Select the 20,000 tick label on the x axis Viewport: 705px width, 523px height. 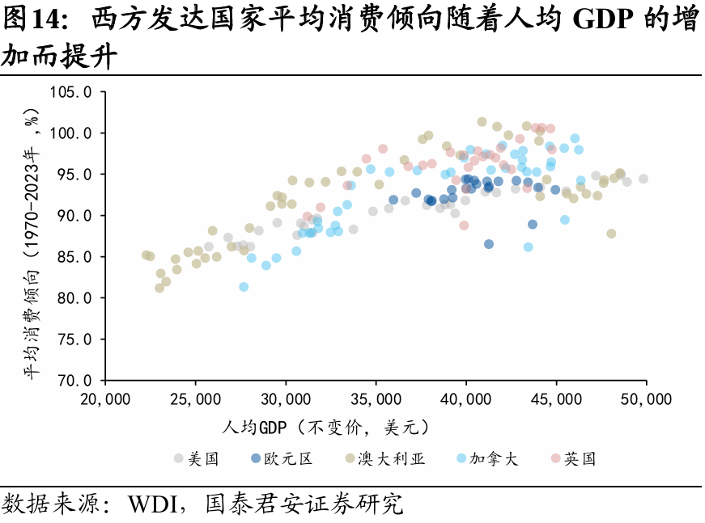tap(106, 399)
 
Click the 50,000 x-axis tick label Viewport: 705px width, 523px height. tap(646, 399)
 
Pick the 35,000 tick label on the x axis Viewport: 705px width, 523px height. tap(376, 399)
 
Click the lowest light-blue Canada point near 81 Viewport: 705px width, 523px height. tap(244, 287)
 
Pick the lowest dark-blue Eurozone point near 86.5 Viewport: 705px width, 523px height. tap(489, 244)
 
